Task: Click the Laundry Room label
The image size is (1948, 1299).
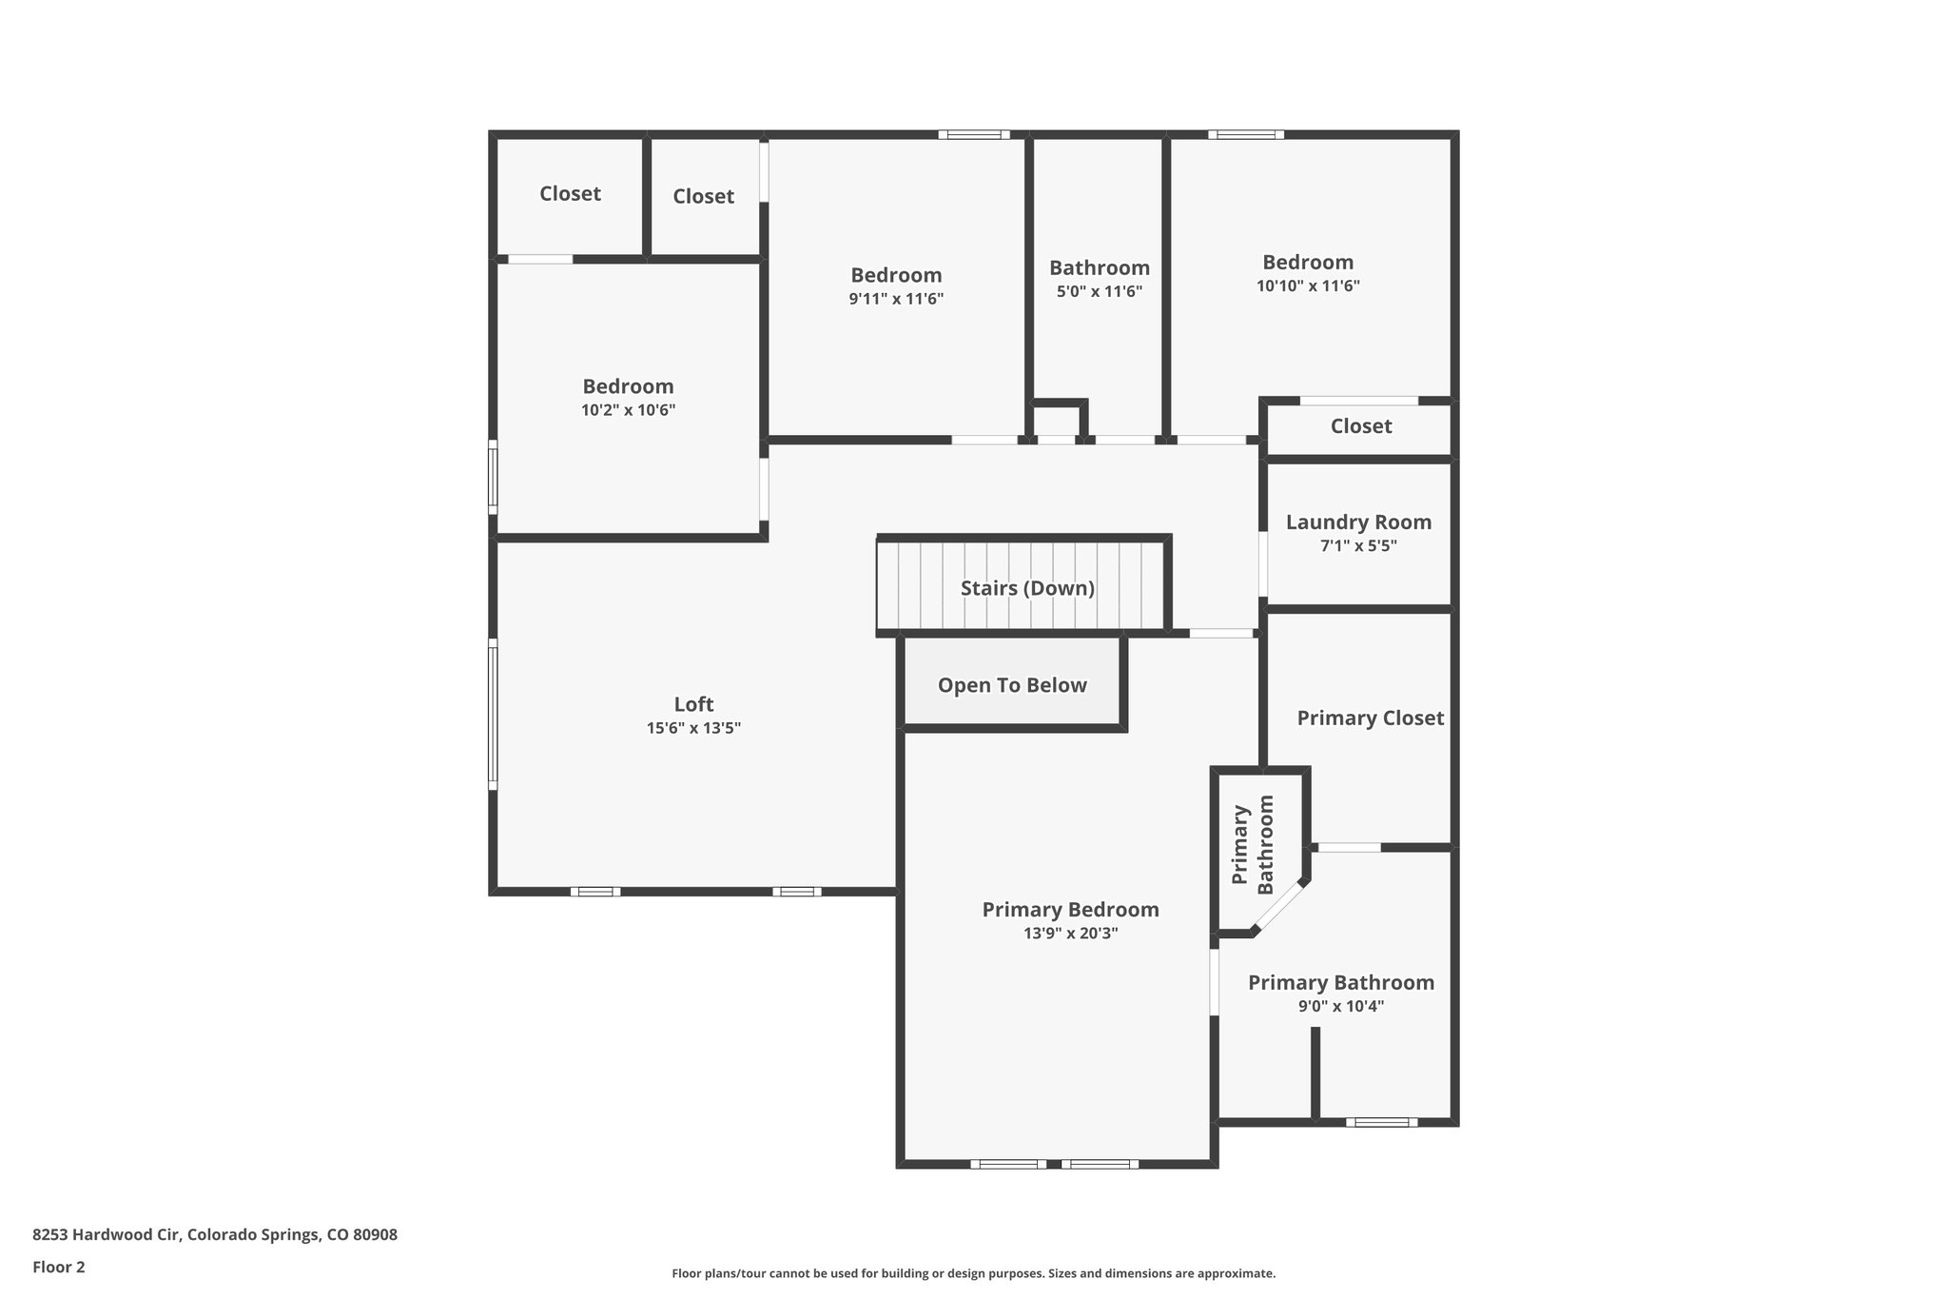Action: pos(1358,522)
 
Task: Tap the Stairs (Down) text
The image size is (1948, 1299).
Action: pos(1027,588)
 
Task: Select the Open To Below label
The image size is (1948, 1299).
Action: pos(1012,685)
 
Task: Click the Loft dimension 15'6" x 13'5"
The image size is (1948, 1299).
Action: pos(693,728)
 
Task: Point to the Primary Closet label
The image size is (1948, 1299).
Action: pos(1370,718)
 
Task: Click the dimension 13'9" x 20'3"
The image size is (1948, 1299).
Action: pos(1070,934)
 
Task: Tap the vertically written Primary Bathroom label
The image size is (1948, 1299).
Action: pos(1253,845)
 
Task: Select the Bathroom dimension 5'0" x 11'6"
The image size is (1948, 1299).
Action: pos(1099,291)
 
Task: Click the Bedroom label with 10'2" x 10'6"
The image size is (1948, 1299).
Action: pos(628,386)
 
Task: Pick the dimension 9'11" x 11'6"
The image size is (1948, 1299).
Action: pos(896,299)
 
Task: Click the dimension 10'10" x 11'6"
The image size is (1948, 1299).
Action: pos(1308,285)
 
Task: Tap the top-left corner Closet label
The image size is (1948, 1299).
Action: pos(570,193)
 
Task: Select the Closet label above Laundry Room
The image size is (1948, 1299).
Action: pos(1360,426)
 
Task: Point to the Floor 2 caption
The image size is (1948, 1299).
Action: pos(59,1267)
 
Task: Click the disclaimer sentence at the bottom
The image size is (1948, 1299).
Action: pos(973,1273)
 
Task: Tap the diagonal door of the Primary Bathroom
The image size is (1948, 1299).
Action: pos(1279,906)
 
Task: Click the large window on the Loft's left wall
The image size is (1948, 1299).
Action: pos(493,714)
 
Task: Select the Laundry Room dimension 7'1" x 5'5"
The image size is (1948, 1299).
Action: pos(1358,546)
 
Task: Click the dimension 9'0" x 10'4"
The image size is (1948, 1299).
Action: pos(1340,1006)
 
